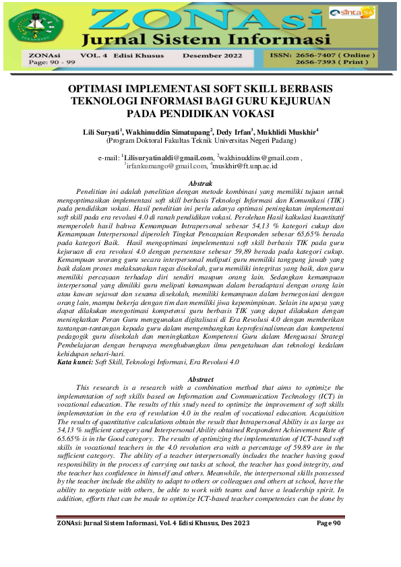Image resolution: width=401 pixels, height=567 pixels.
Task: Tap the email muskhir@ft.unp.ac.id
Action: click(245, 165)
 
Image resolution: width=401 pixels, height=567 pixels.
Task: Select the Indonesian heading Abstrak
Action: click(200, 183)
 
